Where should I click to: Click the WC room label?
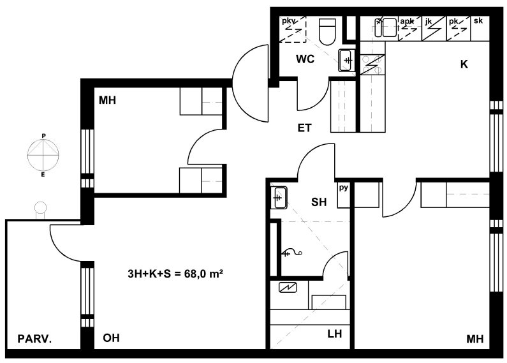pos(305,59)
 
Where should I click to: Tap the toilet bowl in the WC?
pos(327,31)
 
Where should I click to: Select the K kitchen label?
pos(464,64)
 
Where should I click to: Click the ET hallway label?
pos(304,128)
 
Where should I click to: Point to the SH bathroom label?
pos(319,202)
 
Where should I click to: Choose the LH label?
pos(335,334)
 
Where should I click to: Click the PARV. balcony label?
pos(34,339)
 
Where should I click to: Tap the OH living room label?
pos(111,337)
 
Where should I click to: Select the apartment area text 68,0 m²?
pos(203,274)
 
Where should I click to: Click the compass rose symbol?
pos(43,155)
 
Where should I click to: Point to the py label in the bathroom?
pos(343,188)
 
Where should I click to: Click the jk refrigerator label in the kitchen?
pos(429,22)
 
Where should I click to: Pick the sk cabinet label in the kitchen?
pos(478,20)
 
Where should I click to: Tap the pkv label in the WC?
pos(289,21)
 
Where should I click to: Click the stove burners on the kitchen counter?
pos(372,64)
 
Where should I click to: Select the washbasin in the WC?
pos(347,60)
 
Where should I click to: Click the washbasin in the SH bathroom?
pos(279,197)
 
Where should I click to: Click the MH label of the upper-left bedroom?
pos(107,100)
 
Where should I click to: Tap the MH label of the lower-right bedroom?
pos(475,339)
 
